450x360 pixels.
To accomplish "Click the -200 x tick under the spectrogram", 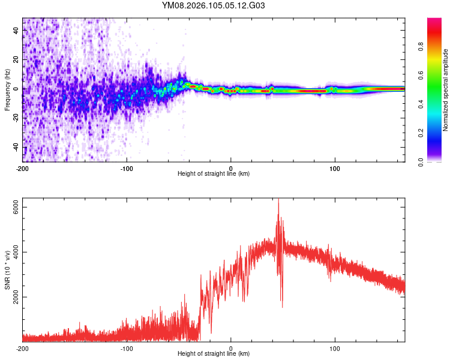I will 23,167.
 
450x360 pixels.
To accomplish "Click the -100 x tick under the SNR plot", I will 127,348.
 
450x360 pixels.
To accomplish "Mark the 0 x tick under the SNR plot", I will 231,348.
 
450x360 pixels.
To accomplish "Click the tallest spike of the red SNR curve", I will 278,200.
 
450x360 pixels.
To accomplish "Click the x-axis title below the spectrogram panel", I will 214,174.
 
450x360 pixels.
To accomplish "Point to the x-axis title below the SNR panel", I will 214,355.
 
